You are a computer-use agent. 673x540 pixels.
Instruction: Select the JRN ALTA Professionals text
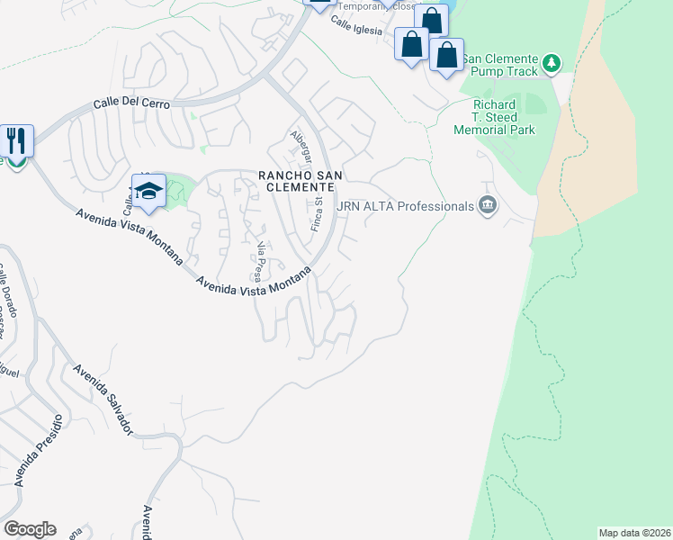coord(405,206)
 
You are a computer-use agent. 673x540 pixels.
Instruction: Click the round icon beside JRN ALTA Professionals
coord(488,206)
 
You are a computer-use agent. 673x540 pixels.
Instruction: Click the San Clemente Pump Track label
coord(499,64)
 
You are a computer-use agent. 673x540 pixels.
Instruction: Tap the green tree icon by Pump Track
coord(552,63)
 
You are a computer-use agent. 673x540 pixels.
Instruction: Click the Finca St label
coord(317,214)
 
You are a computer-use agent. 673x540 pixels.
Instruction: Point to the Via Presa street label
coord(262,261)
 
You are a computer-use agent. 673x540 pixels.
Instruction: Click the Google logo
coord(29,529)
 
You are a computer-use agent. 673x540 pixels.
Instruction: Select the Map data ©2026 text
coord(634,533)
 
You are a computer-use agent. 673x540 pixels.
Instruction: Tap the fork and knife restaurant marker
coord(16,140)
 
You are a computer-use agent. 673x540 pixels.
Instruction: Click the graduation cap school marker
coord(148,191)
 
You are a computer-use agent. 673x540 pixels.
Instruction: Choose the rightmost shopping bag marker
coord(447,55)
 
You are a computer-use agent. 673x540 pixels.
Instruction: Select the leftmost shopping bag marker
coord(412,43)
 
